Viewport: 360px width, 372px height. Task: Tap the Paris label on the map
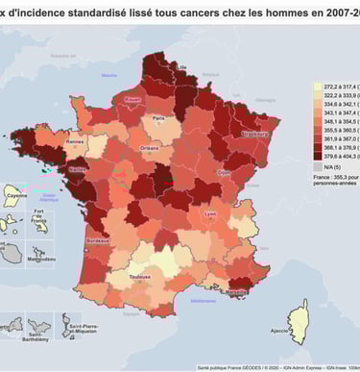point(157,118)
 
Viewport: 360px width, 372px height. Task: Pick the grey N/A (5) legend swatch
point(319,164)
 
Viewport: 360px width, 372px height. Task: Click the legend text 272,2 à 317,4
point(342,85)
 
